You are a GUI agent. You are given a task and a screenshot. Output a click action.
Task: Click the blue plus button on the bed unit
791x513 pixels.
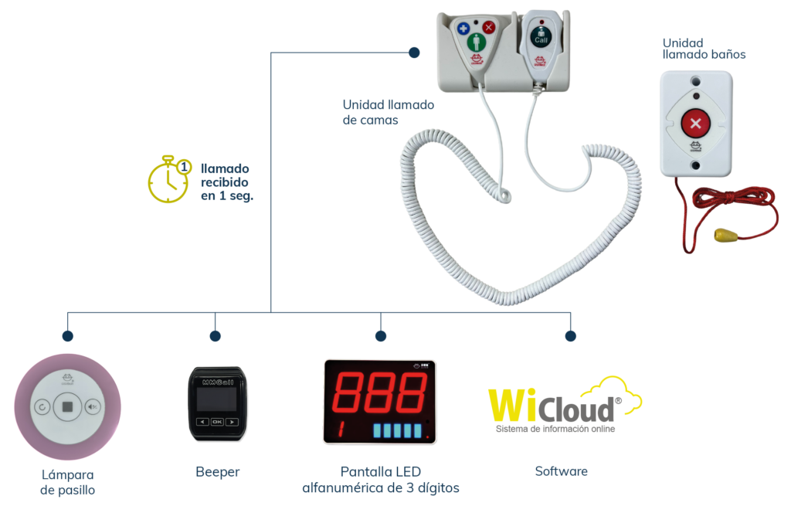463,29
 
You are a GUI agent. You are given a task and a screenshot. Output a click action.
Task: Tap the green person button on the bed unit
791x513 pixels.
476,42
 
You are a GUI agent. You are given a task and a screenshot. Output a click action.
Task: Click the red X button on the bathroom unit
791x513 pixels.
696,124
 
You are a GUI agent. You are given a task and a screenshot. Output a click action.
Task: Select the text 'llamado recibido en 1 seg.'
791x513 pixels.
227,182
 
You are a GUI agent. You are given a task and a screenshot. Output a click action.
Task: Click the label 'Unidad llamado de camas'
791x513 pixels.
388,113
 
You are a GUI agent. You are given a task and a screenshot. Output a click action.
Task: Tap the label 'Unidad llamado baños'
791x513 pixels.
704,49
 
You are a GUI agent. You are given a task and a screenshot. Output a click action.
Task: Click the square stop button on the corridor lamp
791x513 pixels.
68,406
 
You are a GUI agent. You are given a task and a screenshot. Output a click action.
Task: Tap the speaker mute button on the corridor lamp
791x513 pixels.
93,406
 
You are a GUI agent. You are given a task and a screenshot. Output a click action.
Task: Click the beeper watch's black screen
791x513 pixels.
217,399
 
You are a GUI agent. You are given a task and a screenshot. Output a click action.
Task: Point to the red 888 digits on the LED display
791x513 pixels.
380,392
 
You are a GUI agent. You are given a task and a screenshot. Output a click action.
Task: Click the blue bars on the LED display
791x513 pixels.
397,430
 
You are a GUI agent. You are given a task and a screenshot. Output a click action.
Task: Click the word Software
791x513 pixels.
561,471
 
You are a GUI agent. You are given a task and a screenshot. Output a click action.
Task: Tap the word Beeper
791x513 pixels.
217,472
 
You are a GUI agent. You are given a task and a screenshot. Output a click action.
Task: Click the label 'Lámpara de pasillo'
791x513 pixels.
68,482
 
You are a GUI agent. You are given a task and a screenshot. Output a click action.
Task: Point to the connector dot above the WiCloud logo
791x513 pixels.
571,336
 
